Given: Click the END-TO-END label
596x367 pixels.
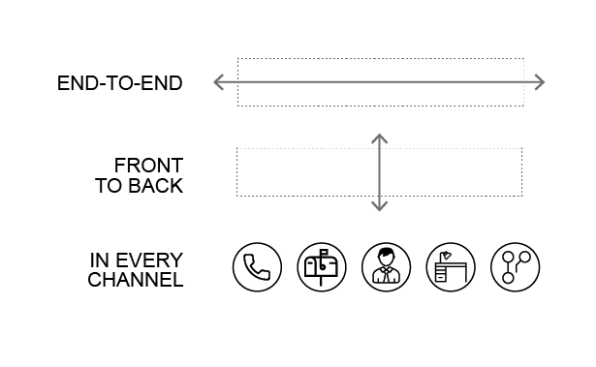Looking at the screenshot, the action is coord(120,83).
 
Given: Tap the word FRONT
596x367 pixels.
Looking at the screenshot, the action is coord(148,166).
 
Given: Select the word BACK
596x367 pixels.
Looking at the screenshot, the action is coord(155,186).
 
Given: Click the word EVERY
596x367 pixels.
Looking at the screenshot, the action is coord(149,260).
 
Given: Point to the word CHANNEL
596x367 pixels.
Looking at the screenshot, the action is coord(136,280).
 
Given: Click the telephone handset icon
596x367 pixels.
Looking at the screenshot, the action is coord(258,267).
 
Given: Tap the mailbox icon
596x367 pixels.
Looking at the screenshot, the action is coord(322,267).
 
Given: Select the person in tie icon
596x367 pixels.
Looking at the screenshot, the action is coord(386,267).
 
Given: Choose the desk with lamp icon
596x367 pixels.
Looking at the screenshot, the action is coord(451,267).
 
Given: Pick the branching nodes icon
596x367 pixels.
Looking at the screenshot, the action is coord(515,267).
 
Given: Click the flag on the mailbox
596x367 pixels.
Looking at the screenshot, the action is coord(325,252).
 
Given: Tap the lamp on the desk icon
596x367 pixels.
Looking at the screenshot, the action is coord(446,256).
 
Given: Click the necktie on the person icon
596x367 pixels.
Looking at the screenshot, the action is coord(386,275).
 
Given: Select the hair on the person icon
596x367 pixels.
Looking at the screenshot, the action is coord(386,252).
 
